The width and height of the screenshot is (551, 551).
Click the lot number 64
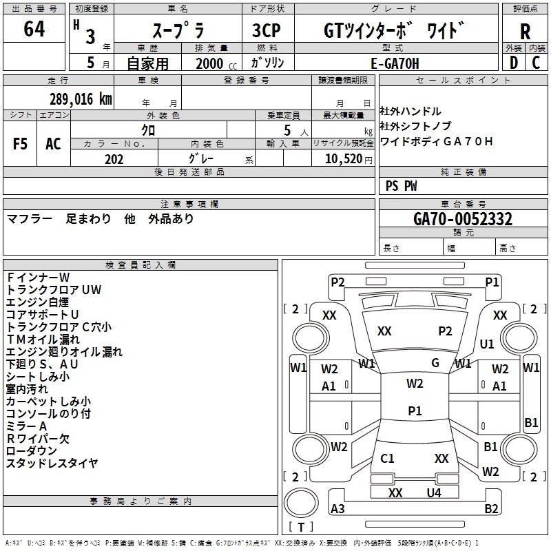tap(34, 30)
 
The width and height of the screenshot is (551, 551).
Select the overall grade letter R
tap(526, 32)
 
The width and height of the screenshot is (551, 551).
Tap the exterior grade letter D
tap(513, 62)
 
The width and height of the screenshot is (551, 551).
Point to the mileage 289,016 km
tap(80, 98)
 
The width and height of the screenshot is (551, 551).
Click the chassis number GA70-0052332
tap(463, 219)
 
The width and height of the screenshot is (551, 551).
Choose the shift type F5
tap(20, 144)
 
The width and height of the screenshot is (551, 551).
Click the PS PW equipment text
tap(401, 186)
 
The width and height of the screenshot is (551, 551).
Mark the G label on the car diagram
tap(435, 363)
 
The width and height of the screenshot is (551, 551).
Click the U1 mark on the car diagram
tap(487, 344)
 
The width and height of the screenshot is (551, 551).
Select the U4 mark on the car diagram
tap(433, 493)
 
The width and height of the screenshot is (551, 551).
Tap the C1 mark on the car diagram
tap(387, 458)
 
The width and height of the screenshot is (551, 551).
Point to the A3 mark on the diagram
tap(337, 509)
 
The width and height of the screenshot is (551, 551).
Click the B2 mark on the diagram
tap(491, 509)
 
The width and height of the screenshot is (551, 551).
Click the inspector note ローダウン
tap(32, 450)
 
